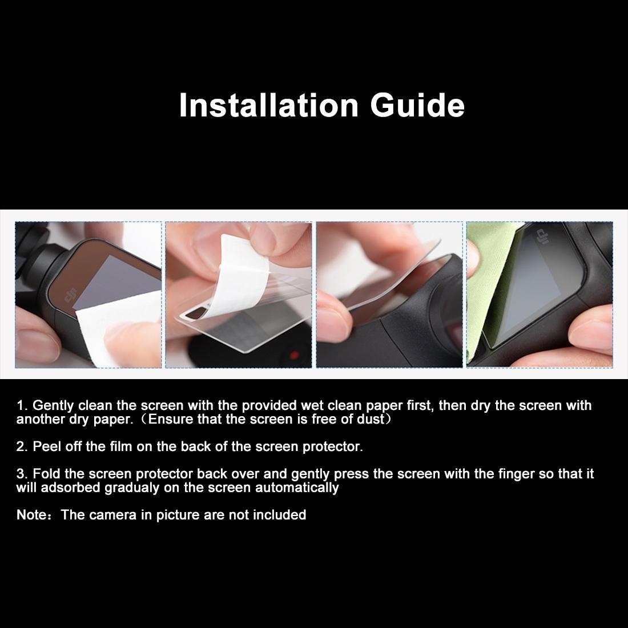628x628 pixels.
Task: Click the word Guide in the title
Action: [x=417, y=105]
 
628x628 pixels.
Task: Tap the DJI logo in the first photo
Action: [x=70, y=296]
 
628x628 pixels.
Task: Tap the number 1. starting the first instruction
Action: [x=22, y=406]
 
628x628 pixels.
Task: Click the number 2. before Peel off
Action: [x=22, y=447]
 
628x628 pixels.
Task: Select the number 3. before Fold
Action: [x=22, y=474]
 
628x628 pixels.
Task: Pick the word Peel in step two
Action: [x=47, y=447]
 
